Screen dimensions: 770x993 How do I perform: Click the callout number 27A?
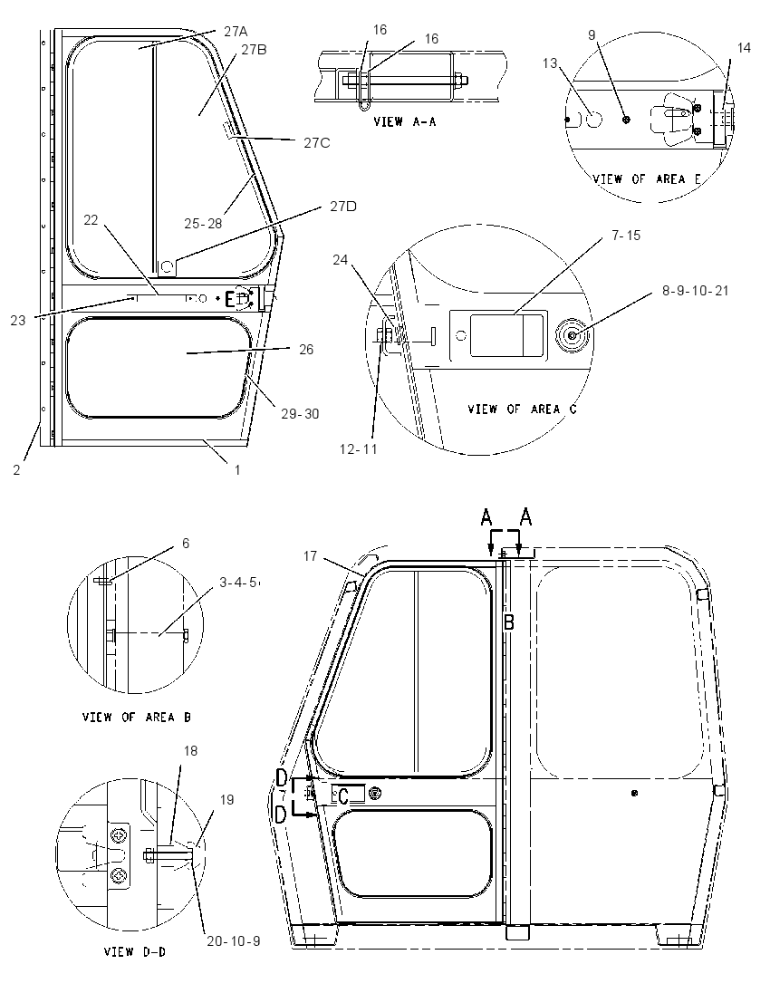point(235,31)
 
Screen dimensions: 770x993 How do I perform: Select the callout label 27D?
point(343,207)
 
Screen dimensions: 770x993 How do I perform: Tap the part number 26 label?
point(306,350)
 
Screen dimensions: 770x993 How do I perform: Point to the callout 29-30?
point(300,414)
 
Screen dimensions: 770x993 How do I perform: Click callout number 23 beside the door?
point(18,321)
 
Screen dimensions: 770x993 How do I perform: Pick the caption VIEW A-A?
point(405,121)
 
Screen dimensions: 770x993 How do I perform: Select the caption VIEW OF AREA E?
point(647,179)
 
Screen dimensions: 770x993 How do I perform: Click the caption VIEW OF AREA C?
point(523,410)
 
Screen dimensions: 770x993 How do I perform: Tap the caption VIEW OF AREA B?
point(136,717)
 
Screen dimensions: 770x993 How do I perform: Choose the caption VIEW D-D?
point(135,951)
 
